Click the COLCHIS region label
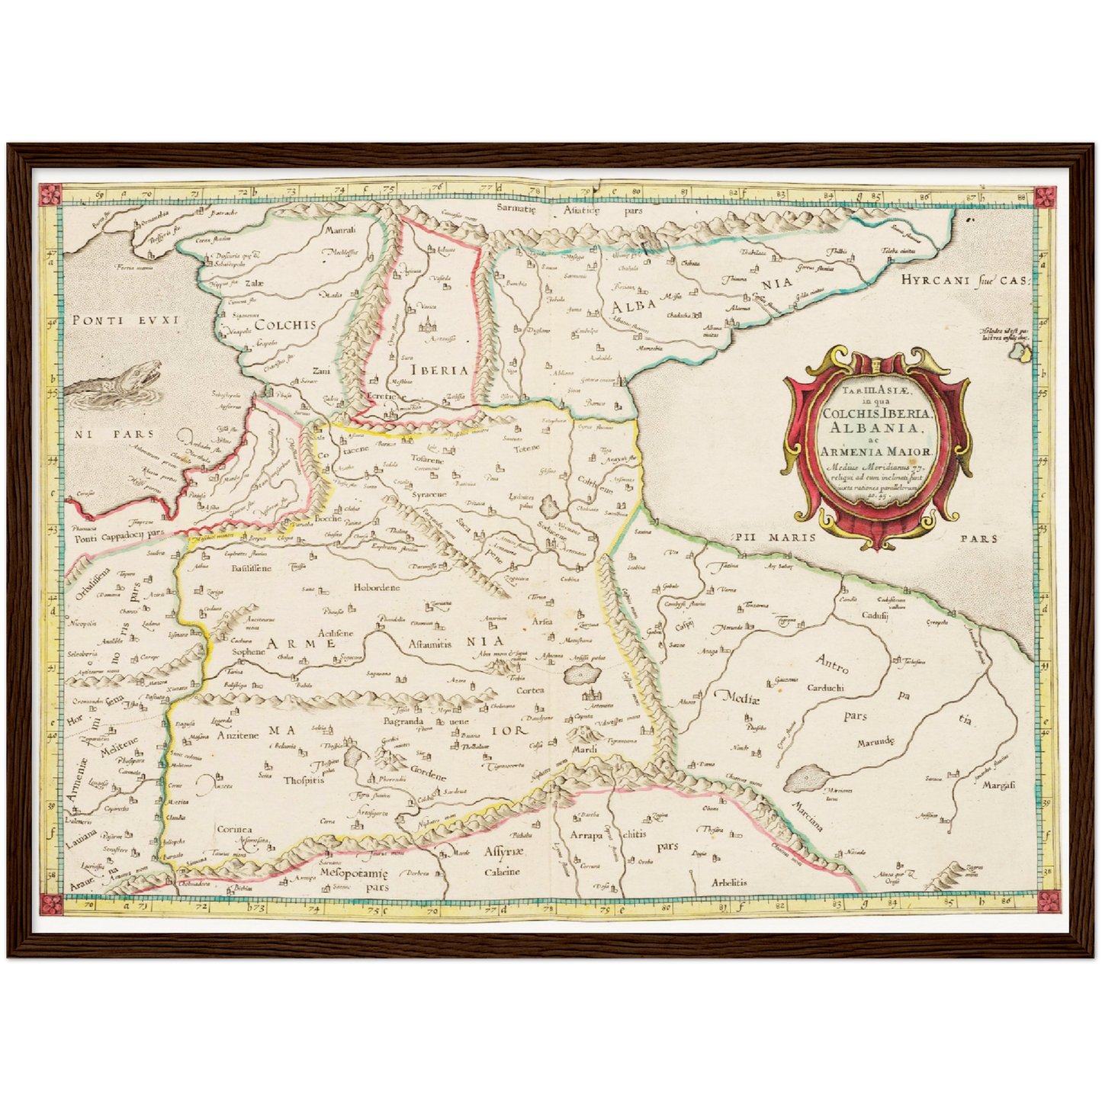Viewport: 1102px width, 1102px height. (284, 324)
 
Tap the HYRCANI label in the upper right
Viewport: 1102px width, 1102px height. (937, 281)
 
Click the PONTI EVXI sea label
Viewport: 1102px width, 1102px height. (124, 321)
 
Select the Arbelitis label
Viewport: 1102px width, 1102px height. (728, 882)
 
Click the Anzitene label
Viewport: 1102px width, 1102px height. (238, 735)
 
